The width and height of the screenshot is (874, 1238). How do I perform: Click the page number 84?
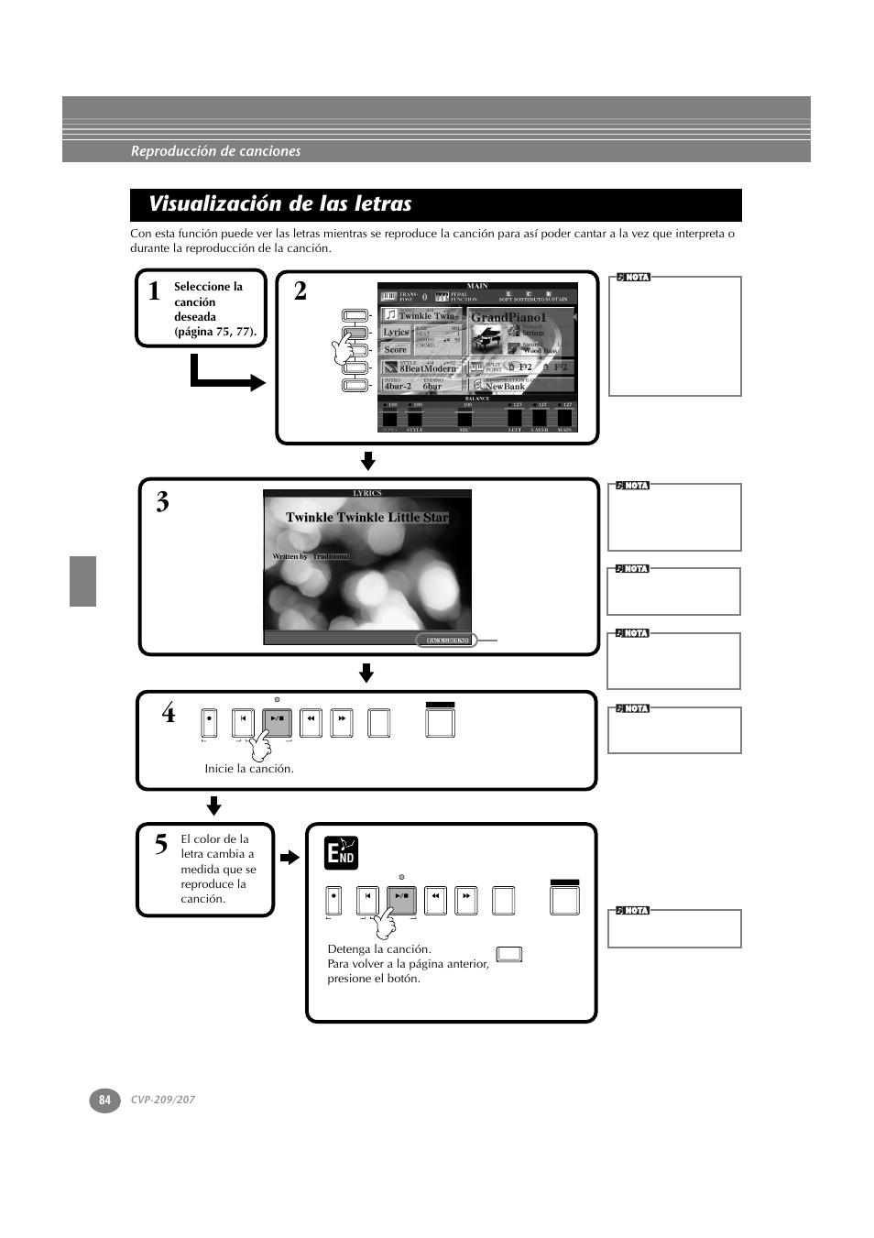click(104, 1100)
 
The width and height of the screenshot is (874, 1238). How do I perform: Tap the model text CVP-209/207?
click(162, 1100)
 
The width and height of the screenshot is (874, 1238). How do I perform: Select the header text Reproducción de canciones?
click(215, 151)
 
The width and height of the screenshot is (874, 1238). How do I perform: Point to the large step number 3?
click(162, 502)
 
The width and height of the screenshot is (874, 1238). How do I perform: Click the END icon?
click(341, 853)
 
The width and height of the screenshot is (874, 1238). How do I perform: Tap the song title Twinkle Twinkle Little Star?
click(366, 518)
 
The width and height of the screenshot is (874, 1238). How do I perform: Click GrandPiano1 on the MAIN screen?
click(508, 317)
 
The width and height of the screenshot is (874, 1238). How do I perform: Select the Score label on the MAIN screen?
click(395, 349)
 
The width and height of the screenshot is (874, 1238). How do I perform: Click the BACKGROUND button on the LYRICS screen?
click(447, 641)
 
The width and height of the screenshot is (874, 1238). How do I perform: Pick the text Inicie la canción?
click(249, 769)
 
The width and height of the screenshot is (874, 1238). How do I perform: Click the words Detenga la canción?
click(378, 949)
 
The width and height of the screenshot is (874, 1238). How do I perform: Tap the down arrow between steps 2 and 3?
click(367, 460)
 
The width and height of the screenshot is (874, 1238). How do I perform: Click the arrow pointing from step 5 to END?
click(290, 858)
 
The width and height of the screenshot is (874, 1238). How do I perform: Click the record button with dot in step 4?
click(210, 723)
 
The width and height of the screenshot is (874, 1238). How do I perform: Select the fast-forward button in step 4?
click(341, 723)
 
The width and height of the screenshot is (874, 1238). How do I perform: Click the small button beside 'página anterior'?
click(509, 955)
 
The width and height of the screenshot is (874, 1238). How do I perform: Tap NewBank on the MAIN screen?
click(505, 387)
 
